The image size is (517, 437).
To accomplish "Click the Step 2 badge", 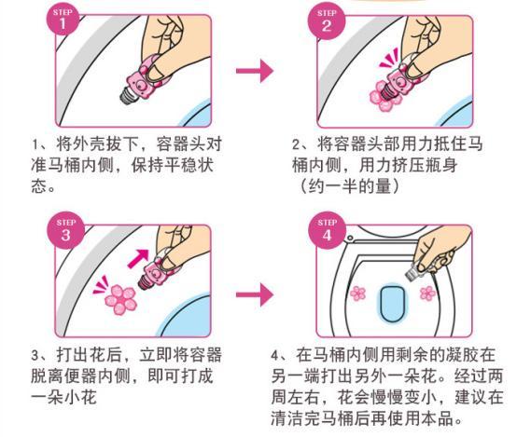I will pos(328,21).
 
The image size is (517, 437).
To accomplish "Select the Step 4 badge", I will pos(328,232).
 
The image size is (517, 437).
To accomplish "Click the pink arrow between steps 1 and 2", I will pos(253,71).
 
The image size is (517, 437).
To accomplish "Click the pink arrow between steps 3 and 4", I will pos(253,295).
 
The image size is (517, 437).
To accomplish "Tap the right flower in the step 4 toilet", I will pos(428,294).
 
